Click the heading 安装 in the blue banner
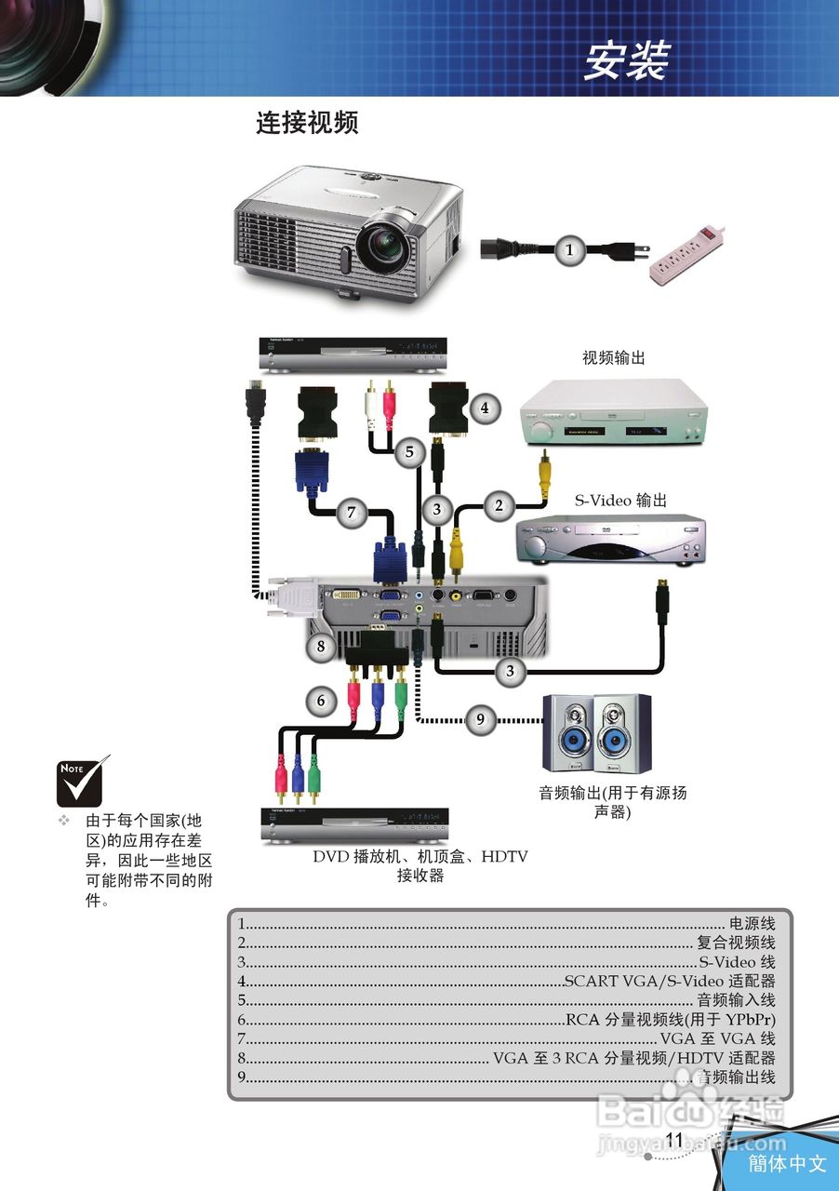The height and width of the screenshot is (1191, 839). pos(626,61)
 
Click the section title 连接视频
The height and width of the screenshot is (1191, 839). pos(307,123)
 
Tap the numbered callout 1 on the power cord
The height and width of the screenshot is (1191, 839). pos(570,249)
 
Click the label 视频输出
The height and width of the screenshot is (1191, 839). pos(613,357)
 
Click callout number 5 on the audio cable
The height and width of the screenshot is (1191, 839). pos(407,452)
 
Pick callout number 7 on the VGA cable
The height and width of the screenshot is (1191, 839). pos(351,512)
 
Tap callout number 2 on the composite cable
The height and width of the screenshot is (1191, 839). pos(499,505)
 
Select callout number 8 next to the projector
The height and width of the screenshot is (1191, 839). pos(322,646)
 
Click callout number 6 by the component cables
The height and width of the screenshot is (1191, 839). pos(322,701)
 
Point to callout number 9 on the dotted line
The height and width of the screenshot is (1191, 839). pos(480,718)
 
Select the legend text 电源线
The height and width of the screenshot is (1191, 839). pos(752,924)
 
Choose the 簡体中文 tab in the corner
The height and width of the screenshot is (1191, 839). pos(787,1163)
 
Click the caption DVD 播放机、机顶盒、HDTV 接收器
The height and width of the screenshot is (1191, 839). pos(419,865)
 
